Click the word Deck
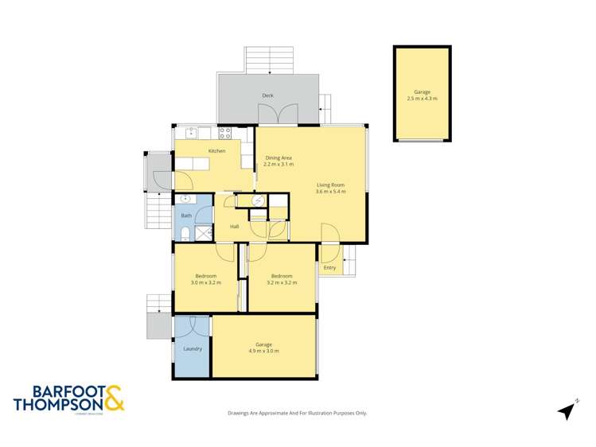268,96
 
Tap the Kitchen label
216,151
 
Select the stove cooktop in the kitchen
225,134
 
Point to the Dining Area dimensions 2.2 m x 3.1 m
279,165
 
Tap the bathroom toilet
184,232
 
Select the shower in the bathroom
204,232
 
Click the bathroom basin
186,200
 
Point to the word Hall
235,227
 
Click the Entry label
329,268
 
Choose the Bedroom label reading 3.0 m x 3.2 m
205,279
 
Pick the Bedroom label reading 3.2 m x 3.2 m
282,279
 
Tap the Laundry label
192,348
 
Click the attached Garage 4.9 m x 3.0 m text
263,348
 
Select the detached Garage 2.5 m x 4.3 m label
422,95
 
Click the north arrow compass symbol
566,410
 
